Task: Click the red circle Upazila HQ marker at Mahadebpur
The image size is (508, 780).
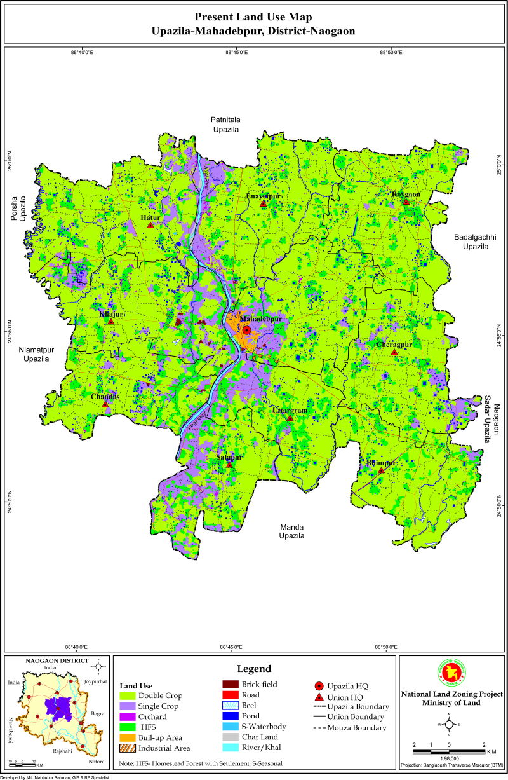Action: pyautogui.click(x=246, y=330)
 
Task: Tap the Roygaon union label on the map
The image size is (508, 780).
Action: pyautogui.click(x=406, y=195)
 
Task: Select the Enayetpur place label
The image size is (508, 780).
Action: pyautogui.click(x=263, y=196)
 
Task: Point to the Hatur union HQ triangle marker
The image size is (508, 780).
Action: pyautogui.click(x=150, y=225)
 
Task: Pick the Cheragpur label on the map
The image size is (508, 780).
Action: pyautogui.click(x=394, y=345)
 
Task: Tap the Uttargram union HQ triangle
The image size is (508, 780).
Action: pyautogui.click(x=290, y=418)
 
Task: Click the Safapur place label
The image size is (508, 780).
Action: pyautogui.click(x=229, y=457)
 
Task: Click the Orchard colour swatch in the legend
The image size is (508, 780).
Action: pyautogui.click(x=130, y=716)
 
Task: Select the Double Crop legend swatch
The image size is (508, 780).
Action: pyautogui.click(x=130, y=695)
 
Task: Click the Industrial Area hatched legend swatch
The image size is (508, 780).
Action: pyautogui.click(x=130, y=748)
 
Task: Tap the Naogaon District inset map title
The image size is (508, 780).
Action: pyautogui.click(x=57, y=661)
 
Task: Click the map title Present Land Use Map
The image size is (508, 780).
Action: pyautogui.click(x=253, y=17)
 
